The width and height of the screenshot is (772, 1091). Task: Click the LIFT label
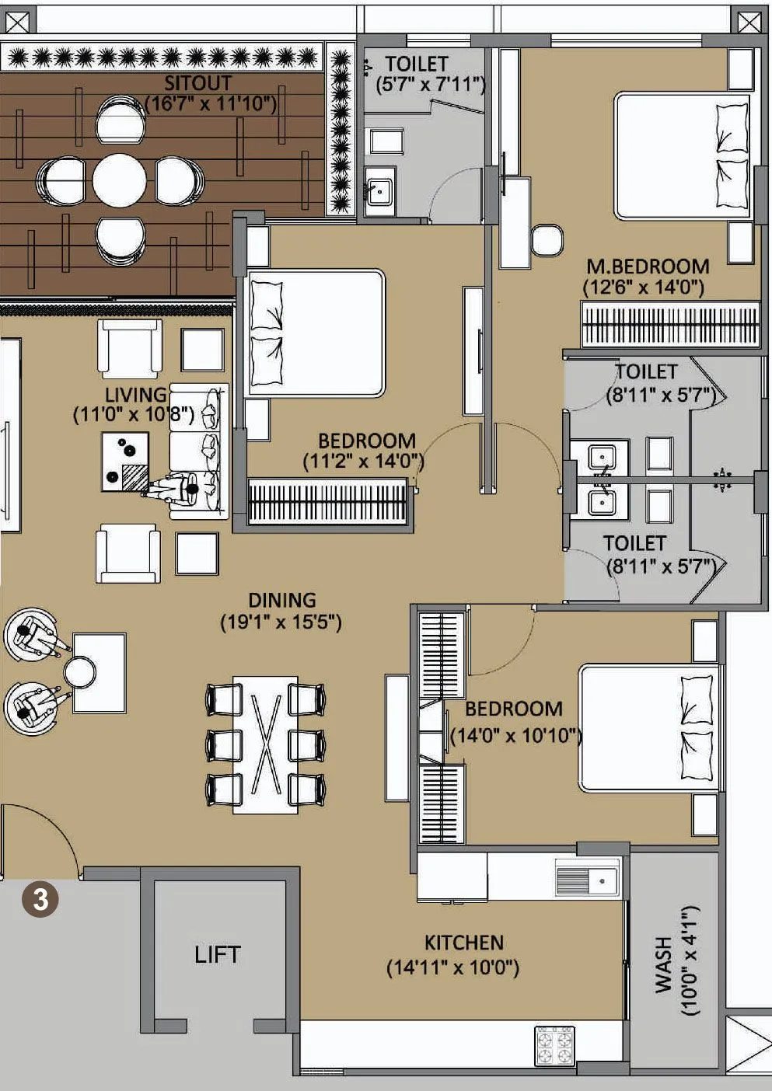point(218,954)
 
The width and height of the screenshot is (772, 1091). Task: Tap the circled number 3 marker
point(40,900)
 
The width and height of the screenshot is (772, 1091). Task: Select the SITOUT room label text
point(198,82)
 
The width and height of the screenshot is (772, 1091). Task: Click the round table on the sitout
point(119,180)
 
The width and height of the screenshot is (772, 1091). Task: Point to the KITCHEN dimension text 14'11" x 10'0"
point(452,968)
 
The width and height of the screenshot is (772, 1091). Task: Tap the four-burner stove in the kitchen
point(554,1045)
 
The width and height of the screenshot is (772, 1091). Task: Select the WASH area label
point(663,964)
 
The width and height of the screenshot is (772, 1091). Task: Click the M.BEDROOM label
point(648,267)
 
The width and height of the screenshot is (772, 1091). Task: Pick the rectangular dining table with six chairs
point(266,744)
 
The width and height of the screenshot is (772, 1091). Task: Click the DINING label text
point(281,600)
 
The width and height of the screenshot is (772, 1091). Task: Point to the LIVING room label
point(136,395)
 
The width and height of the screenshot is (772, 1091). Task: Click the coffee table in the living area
point(124,462)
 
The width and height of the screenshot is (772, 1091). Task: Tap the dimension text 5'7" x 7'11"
point(430,85)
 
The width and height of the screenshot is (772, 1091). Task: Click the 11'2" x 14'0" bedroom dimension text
point(363,462)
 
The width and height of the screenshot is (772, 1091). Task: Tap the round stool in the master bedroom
point(547,241)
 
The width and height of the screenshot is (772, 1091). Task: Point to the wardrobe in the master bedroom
point(670,324)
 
